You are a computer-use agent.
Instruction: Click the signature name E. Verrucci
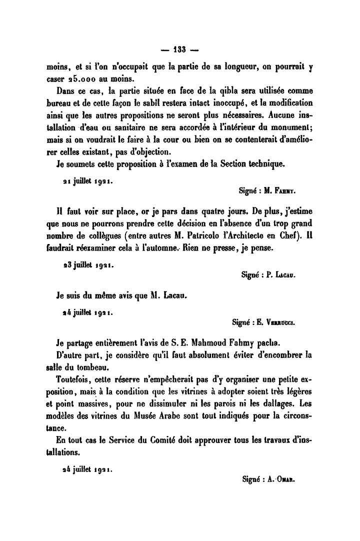[282, 322]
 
